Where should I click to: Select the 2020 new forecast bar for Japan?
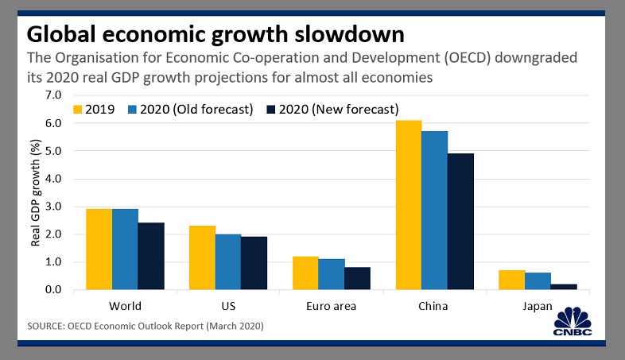coord(563,287)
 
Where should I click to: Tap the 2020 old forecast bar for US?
coord(228,262)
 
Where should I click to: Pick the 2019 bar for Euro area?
coord(305,273)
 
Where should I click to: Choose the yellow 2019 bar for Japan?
coord(511,280)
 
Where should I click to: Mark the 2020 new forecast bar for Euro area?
coord(357,278)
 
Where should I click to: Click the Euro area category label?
coord(331,306)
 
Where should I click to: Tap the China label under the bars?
coord(433,306)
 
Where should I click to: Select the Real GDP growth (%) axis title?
coord(36,192)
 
